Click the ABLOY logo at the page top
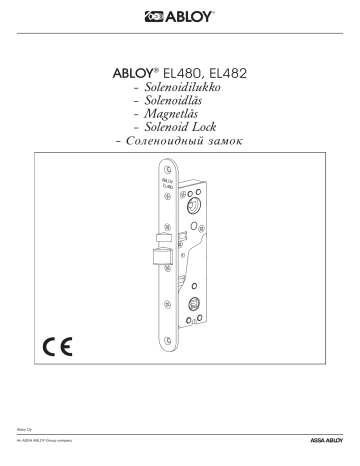tap(179, 16)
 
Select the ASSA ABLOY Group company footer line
tap(51, 440)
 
